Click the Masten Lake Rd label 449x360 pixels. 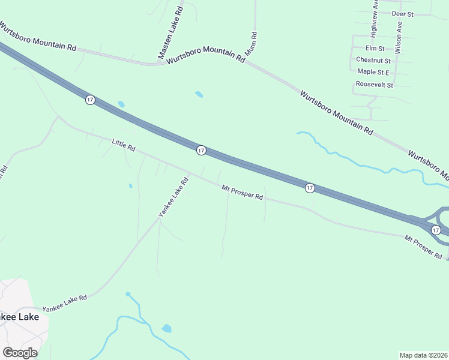pyautogui.click(x=171, y=34)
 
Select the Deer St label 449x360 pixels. pyautogui.click(x=403, y=13)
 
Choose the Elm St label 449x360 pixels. pyautogui.click(x=374, y=48)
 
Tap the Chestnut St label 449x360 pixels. pyautogui.click(x=373, y=60)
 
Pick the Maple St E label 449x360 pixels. pyautogui.click(x=373, y=72)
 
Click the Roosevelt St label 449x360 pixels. pyautogui.click(x=373, y=85)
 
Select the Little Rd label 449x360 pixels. pyautogui.click(x=124, y=145)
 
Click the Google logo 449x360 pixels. pyautogui.click(x=20, y=352)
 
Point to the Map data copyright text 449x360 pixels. pyautogui.click(x=424, y=355)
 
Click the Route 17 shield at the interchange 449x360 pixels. pyautogui.click(x=436, y=230)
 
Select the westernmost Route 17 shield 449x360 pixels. pyautogui.click(x=90, y=100)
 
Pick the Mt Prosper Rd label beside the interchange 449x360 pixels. pyautogui.click(x=423, y=247)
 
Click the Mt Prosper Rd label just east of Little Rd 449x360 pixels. pyautogui.click(x=243, y=192)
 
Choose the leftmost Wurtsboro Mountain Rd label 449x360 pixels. pyautogui.click(x=38, y=37)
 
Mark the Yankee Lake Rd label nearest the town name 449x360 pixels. pyautogui.click(x=65, y=302)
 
